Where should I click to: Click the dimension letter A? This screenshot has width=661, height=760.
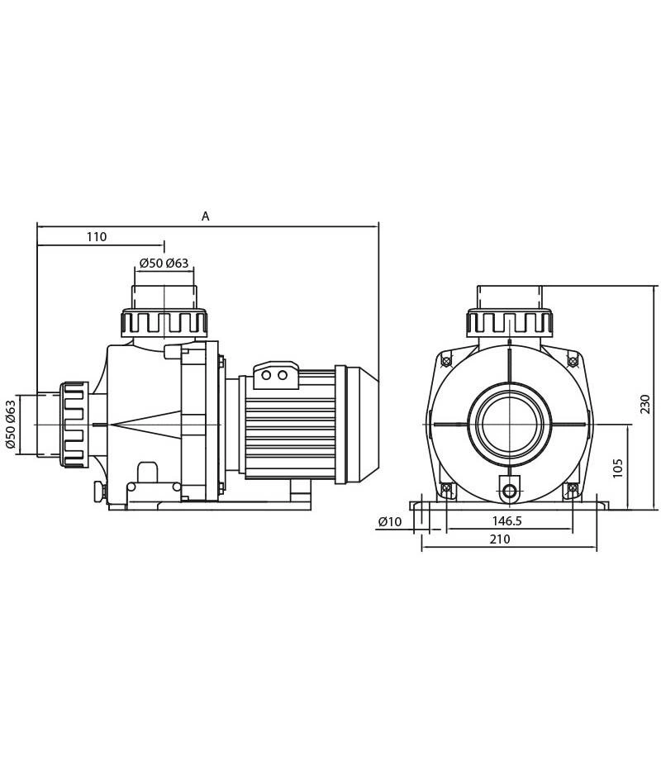pos(206,216)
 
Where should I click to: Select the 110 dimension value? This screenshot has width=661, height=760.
pos(97,237)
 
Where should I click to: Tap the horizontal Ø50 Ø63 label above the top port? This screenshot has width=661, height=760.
pos(164,264)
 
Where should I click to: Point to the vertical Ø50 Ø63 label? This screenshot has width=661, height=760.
pos(11,424)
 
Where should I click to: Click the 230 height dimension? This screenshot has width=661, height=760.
pos(645,404)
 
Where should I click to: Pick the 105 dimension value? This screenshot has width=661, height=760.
pos(617,468)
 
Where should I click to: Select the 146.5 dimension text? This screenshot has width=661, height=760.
pos(506,521)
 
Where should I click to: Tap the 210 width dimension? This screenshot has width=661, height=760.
pos(500,539)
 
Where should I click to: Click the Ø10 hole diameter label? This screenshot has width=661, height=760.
pos(390,521)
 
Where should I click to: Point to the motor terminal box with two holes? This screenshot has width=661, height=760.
pos(274,375)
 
